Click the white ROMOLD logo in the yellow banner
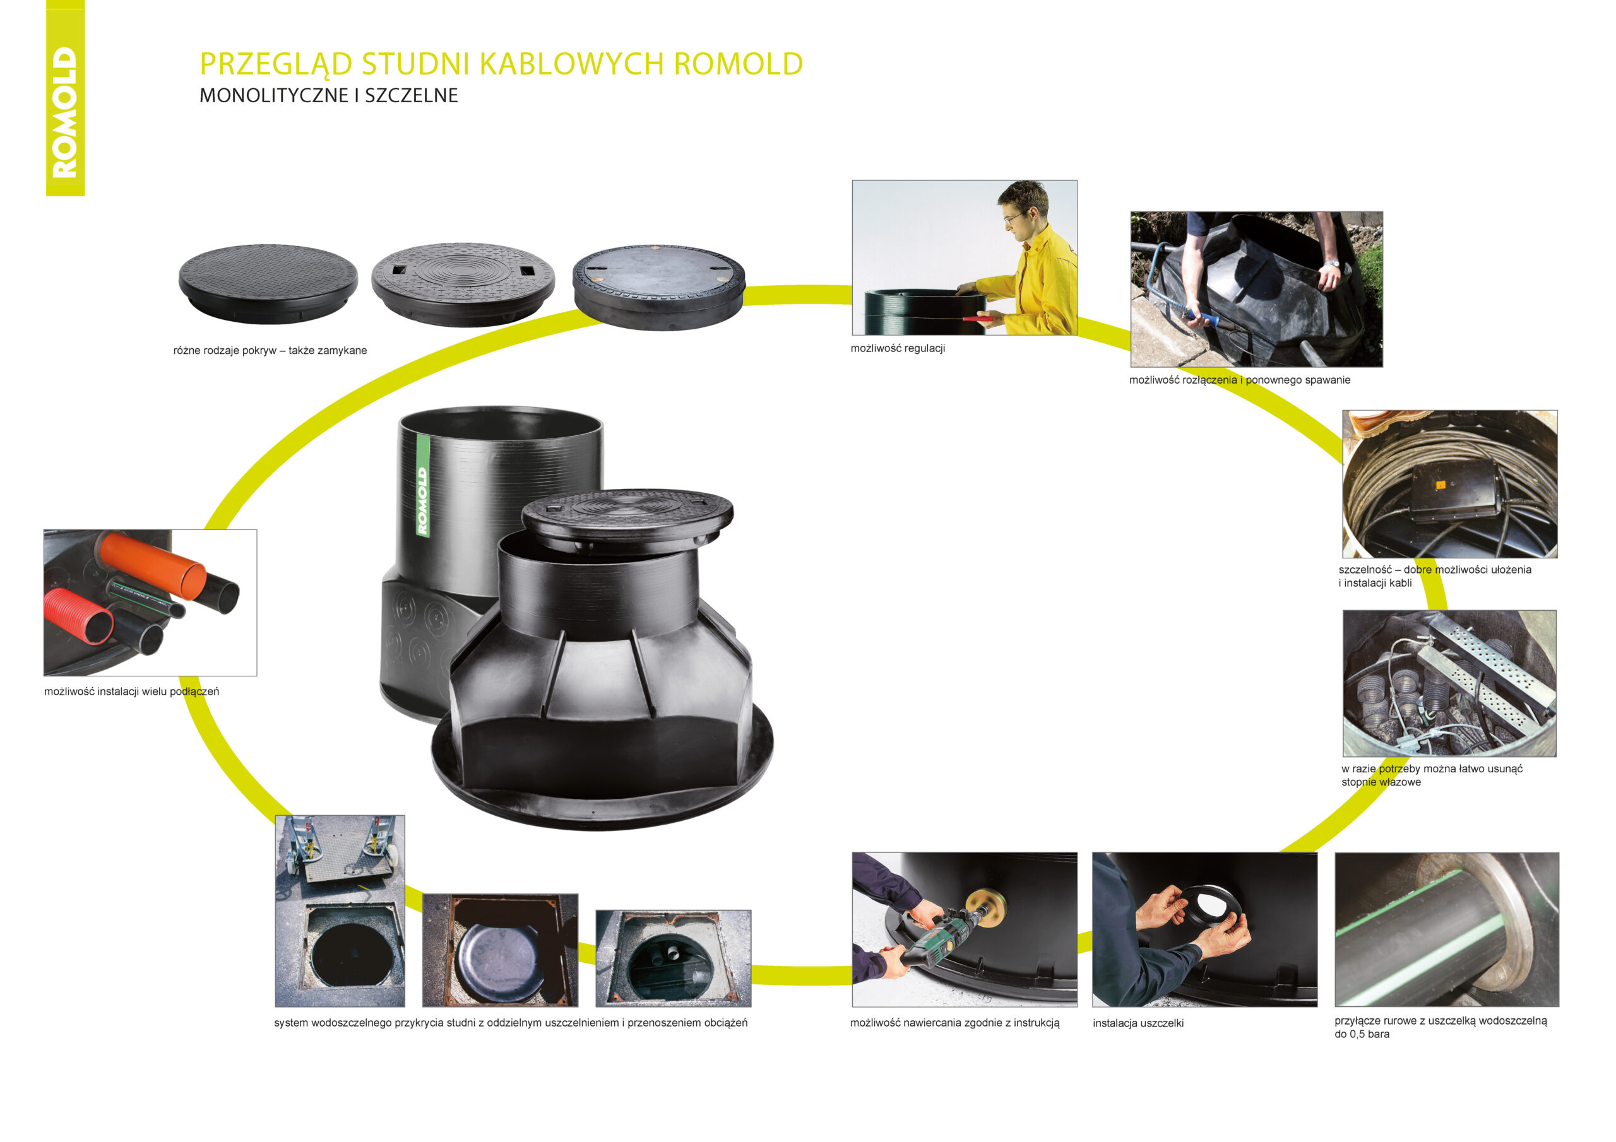point(65,112)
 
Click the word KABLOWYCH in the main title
point(571,64)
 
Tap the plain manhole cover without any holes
point(268,281)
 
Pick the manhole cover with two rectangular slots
point(463,281)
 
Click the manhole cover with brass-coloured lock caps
point(658,286)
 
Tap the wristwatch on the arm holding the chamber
point(1330,264)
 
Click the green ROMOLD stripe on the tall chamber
point(422,486)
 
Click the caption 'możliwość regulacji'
point(898,349)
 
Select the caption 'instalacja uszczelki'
point(1138,1023)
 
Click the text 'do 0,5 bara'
point(1361,1034)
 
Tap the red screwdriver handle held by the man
point(978,318)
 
